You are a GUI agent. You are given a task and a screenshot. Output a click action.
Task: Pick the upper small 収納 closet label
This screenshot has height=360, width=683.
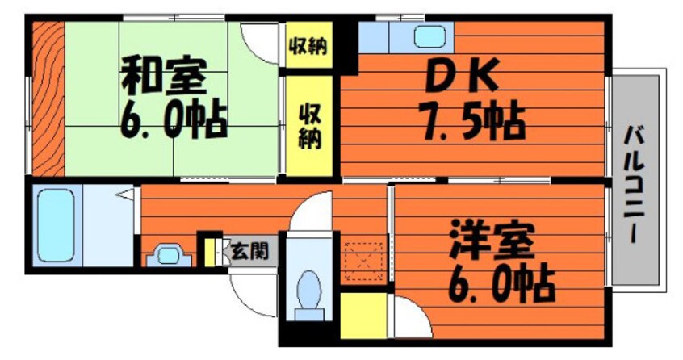coord(308,46)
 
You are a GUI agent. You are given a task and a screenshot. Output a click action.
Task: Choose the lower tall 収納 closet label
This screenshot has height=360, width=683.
coord(308,125)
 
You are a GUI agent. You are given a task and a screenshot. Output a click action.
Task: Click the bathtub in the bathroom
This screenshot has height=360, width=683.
coord(55,224)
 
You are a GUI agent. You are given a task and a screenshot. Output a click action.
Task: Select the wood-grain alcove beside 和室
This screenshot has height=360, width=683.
coord(47,97)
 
